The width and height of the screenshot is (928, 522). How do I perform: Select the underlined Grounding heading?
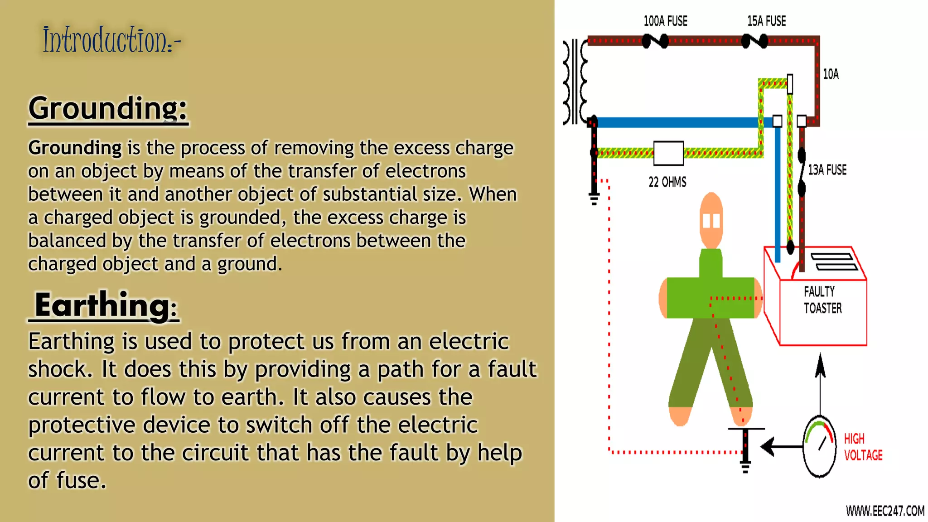pyautogui.click(x=108, y=109)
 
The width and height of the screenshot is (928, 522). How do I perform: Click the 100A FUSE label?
pyautogui.click(x=665, y=21)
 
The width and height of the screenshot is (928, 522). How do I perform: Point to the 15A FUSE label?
pyautogui.click(x=766, y=21)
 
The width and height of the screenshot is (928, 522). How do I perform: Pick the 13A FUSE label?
pyautogui.click(x=827, y=170)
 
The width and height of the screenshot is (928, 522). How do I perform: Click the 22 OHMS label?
pyautogui.click(x=667, y=182)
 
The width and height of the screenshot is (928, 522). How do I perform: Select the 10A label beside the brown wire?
pyautogui.click(x=831, y=74)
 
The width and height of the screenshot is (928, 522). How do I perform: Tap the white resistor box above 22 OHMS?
pyautogui.click(x=668, y=153)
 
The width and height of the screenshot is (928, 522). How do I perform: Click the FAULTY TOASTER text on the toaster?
pyautogui.click(x=822, y=300)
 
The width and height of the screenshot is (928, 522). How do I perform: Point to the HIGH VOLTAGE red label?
pyautogui.click(x=863, y=447)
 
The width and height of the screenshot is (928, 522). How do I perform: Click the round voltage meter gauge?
pyautogui.click(x=819, y=447)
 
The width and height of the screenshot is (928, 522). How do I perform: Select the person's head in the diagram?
pyautogui.click(x=711, y=220)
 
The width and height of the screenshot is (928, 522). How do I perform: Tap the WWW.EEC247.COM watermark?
pyautogui.click(x=884, y=511)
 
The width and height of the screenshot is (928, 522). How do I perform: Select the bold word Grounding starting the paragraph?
pyautogui.click(x=75, y=148)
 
